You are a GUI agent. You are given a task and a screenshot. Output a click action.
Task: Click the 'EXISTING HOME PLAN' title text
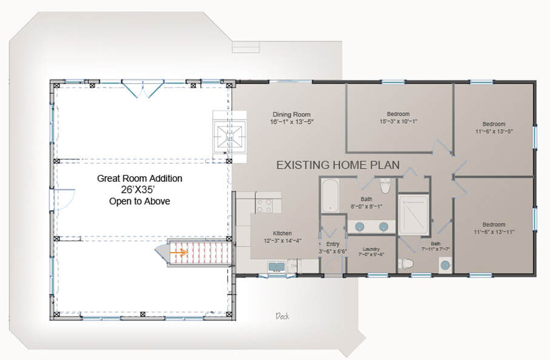[x=337, y=165]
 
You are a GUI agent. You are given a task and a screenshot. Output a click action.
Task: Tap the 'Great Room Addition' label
[x=139, y=179]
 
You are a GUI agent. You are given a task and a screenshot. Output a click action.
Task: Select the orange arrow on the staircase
[x=178, y=250]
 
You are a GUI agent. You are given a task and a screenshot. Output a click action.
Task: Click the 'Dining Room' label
[x=292, y=114]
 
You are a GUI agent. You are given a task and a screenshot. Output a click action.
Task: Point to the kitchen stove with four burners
[x=264, y=202]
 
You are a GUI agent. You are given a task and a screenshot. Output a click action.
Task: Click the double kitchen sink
[x=277, y=266]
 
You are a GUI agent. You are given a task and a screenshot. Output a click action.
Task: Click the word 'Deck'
[x=281, y=316]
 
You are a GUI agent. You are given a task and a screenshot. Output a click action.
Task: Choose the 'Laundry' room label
[x=371, y=248]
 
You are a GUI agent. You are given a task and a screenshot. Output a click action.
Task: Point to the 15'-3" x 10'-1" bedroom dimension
[x=398, y=121]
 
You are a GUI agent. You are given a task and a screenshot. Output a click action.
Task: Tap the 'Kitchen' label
[x=282, y=233]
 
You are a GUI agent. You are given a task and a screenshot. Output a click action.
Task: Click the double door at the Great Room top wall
[x=141, y=88]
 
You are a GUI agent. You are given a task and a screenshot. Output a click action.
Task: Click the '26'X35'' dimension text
[x=139, y=190]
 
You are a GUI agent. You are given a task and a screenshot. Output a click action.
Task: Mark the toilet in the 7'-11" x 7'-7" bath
[x=407, y=263]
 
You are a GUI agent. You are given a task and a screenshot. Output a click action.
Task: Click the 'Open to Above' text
[x=139, y=201]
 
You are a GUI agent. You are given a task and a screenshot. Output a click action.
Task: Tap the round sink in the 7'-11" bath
[x=446, y=265]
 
